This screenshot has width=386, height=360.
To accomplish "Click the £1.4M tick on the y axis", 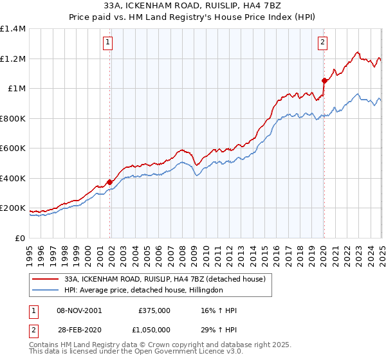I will pos(13,29).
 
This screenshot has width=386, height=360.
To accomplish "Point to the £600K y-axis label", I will pos(13,148).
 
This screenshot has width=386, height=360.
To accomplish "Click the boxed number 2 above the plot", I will pos(322,43).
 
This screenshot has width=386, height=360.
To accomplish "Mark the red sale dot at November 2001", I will pos(110,182).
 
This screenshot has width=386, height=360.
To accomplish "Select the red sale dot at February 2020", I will pos(324,80).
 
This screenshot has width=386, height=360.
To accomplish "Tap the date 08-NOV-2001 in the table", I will pos(79,310).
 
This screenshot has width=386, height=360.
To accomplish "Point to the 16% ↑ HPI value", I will pos(214,310).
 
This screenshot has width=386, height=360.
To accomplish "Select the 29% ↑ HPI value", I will pos(214,328).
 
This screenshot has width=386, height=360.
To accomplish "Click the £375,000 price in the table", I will pos(154,310).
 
